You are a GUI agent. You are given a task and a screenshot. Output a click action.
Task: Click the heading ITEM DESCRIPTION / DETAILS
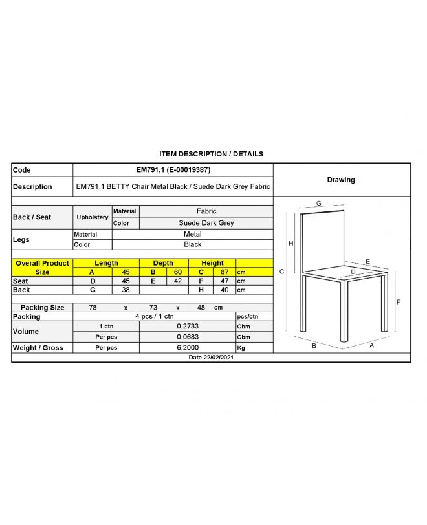point(211,154)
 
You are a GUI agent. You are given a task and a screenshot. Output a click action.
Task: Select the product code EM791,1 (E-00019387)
point(173,170)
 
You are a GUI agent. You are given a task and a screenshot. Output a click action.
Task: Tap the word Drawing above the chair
point(341,180)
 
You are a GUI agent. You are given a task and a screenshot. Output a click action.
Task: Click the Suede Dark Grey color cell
point(206,223)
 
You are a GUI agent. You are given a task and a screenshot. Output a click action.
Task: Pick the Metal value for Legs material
point(192,234)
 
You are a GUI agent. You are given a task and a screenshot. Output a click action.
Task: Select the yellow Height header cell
point(212,263)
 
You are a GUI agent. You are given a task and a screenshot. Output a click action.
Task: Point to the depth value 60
point(177,272)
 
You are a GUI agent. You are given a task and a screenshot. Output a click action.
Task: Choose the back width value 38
point(126,290)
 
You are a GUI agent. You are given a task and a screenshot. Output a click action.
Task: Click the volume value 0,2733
point(188,327)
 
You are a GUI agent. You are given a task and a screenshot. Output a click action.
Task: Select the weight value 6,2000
point(188,347)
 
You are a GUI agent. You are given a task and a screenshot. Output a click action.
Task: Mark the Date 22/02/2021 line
point(211,357)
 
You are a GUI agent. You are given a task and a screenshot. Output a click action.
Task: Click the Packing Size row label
point(42,308)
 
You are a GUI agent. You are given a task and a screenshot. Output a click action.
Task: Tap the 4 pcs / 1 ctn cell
point(154,316)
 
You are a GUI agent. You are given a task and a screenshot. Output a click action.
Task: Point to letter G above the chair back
point(319,203)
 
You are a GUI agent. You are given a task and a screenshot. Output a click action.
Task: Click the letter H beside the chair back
point(291,243)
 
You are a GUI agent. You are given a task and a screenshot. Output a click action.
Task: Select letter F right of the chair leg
point(399,302)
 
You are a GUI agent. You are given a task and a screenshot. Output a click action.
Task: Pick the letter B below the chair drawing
point(314,346)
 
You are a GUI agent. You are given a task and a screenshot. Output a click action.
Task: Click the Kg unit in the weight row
point(241,347)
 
